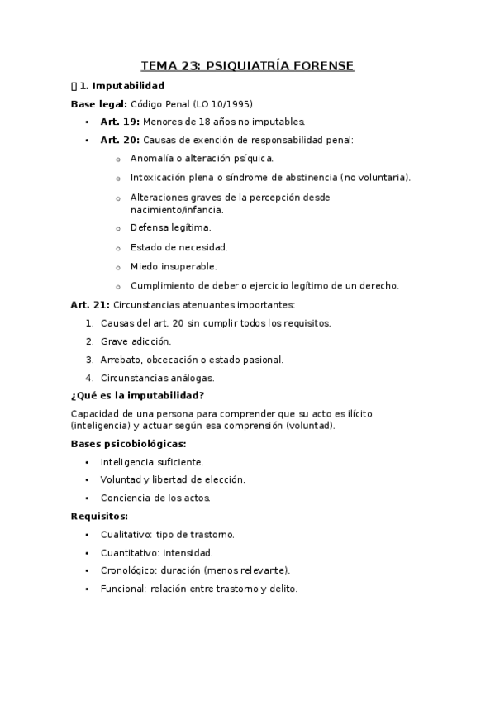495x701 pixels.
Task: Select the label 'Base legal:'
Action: pyautogui.click(x=98, y=104)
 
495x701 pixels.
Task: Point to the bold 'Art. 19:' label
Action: pyautogui.click(x=120, y=122)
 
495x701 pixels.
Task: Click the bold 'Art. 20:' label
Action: pyautogui.click(x=120, y=140)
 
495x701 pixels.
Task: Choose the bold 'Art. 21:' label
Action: pyautogui.click(x=89, y=305)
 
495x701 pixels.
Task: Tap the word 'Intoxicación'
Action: pyautogui.click(x=159, y=177)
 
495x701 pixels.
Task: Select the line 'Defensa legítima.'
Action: pyautogui.click(x=170, y=227)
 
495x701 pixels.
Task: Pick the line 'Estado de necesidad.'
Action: pyautogui.click(x=178, y=247)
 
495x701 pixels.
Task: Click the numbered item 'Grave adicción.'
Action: pyautogui.click(x=136, y=341)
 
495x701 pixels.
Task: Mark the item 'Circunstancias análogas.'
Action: pyautogui.click(x=157, y=378)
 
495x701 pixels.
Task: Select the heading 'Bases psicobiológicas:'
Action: pyautogui.click(x=128, y=444)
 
